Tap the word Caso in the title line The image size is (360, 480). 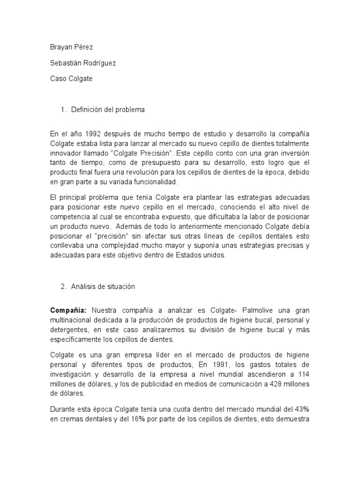point(59,79)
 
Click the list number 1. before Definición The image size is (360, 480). point(64,110)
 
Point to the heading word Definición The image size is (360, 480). point(88,110)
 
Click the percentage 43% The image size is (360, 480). point(302,408)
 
